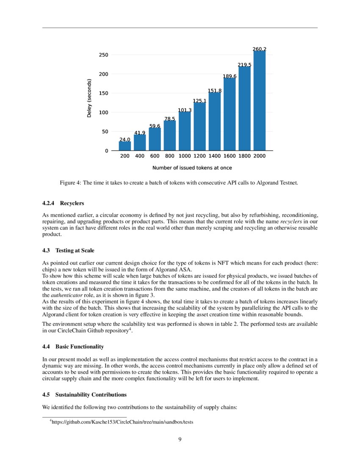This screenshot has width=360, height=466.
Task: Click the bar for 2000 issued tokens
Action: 259,101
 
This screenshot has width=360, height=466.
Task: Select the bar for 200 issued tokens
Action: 125,146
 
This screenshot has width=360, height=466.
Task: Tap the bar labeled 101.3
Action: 185,131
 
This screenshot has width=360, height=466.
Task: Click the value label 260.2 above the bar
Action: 259,49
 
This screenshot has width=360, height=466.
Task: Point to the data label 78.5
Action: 170,119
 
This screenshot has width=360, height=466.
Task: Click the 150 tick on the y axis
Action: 103,93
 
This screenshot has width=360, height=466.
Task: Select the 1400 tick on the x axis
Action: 215,156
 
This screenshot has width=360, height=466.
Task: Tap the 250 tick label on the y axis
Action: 103,55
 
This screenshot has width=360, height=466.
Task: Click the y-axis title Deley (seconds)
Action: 89,98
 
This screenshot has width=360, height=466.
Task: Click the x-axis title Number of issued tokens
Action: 192,168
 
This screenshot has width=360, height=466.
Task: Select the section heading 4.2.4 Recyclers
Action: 63,203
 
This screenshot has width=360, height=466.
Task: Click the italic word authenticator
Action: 64,295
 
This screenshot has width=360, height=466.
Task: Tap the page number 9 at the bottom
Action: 180,439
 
